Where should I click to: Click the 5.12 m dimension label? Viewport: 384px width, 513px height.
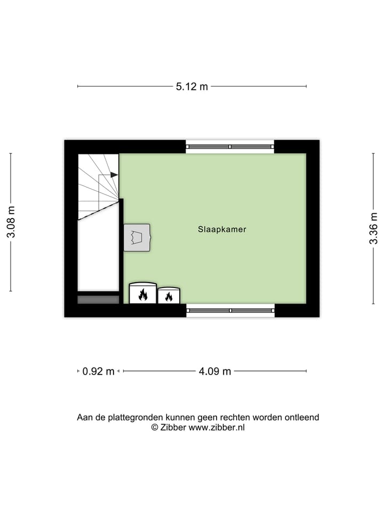click(192, 87)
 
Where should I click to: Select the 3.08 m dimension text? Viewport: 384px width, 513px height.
click(11, 222)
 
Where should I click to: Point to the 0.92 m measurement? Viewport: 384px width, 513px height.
click(99, 371)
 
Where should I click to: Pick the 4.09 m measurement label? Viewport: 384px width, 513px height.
click(214, 371)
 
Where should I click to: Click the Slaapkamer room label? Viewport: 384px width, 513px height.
click(222, 229)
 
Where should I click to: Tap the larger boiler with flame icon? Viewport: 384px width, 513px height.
click(143, 293)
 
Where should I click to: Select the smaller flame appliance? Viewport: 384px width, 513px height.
click(169, 296)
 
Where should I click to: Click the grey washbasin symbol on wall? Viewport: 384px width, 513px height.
click(137, 237)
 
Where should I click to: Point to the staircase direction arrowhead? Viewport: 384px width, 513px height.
click(114, 175)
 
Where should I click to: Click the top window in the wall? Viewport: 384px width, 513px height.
click(230, 146)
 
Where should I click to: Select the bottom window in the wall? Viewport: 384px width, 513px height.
click(230, 310)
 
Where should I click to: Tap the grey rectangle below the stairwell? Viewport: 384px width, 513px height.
click(98, 300)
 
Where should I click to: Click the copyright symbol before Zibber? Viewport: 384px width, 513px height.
click(155, 428)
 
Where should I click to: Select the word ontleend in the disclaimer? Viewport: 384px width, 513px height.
click(301, 417)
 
